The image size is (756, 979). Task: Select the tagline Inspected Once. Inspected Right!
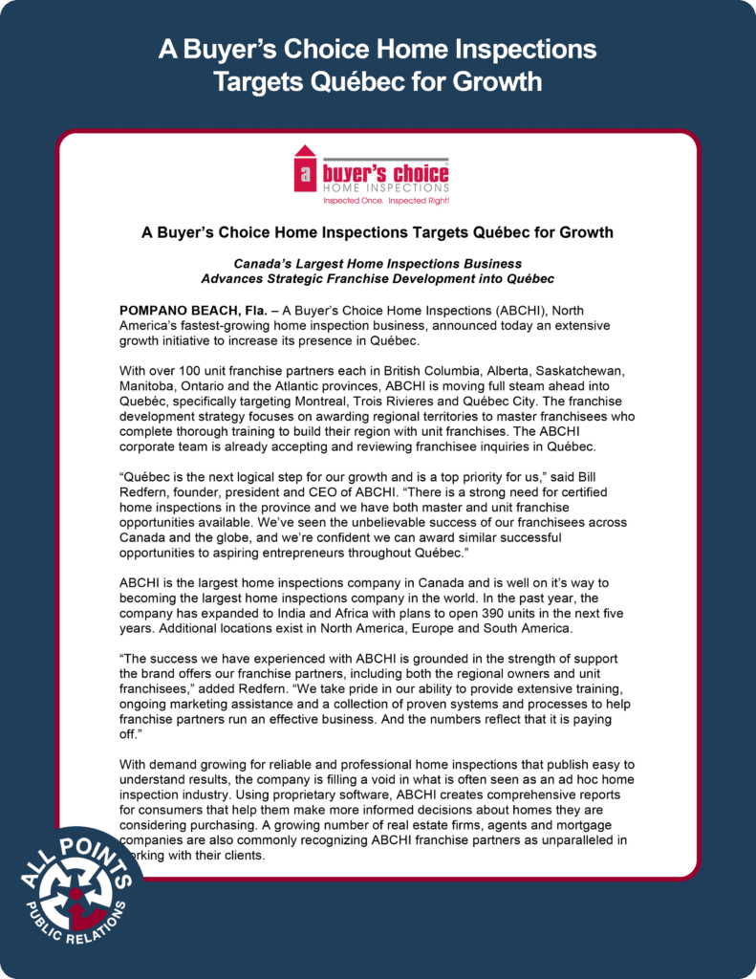pyautogui.click(x=372, y=201)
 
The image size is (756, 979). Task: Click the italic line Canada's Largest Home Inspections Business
pyautogui.click(x=378, y=263)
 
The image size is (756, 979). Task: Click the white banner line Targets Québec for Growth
pyautogui.click(x=378, y=80)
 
